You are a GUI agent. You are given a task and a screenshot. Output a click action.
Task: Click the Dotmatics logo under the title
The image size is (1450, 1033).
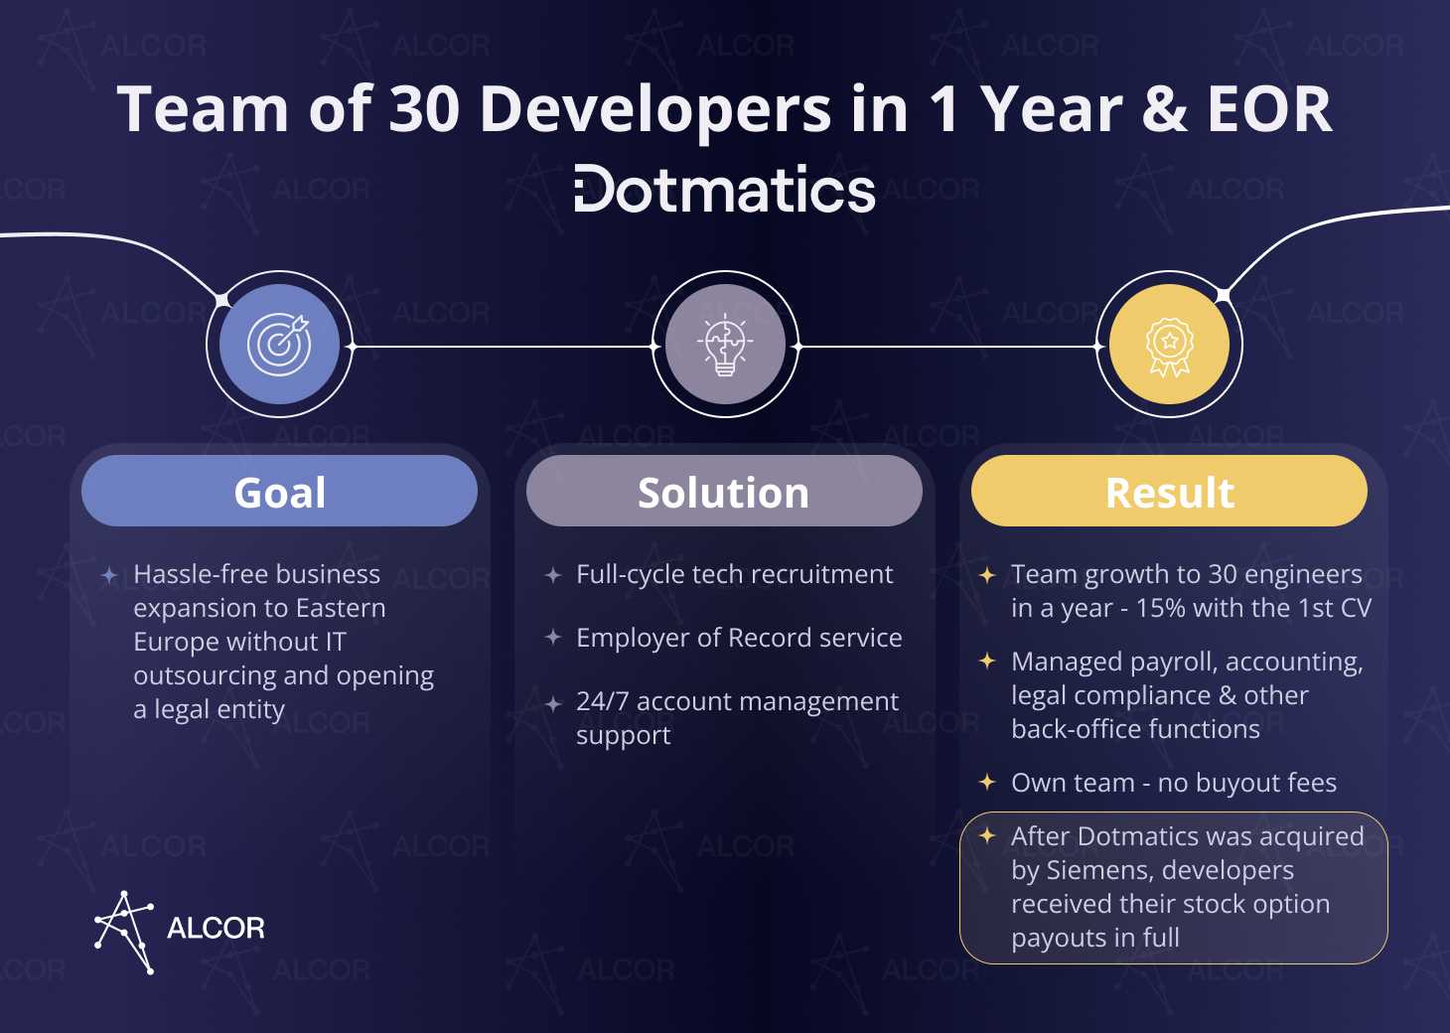(x=725, y=189)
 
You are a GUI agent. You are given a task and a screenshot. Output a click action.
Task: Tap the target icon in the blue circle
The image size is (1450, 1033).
(x=279, y=344)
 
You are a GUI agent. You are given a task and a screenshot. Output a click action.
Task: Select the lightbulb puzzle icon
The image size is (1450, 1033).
(x=725, y=344)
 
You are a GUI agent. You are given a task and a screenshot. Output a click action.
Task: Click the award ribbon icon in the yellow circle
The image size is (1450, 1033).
(x=1169, y=347)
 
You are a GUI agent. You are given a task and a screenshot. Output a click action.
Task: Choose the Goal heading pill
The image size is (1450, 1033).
(x=280, y=491)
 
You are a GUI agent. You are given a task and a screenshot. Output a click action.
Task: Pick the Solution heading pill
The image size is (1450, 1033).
(x=724, y=491)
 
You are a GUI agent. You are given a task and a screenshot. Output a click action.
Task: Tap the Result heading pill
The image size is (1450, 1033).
(x=1169, y=491)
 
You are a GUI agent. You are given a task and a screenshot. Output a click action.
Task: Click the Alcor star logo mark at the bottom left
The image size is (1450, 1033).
(x=123, y=932)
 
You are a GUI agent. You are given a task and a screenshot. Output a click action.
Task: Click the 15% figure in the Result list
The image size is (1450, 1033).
(x=1160, y=608)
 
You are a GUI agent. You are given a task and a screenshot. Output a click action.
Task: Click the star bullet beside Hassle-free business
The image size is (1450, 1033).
(x=109, y=575)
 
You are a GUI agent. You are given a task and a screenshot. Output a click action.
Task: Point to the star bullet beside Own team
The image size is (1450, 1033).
(x=987, y=782)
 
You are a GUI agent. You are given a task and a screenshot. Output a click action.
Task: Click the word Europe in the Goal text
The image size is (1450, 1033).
(x=172, y=643)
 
